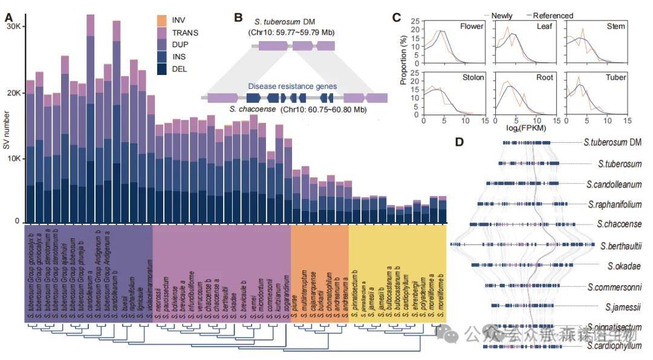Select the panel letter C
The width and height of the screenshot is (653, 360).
pyautogui.click(x=397, y=16)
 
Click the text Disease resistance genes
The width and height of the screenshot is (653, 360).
pyautogui.click(x=293, y=86)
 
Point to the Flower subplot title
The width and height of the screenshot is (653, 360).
pyautogui.click(x=472, y=27)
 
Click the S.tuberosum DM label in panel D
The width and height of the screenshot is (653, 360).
pyautogui.click(x=612, y=143)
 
